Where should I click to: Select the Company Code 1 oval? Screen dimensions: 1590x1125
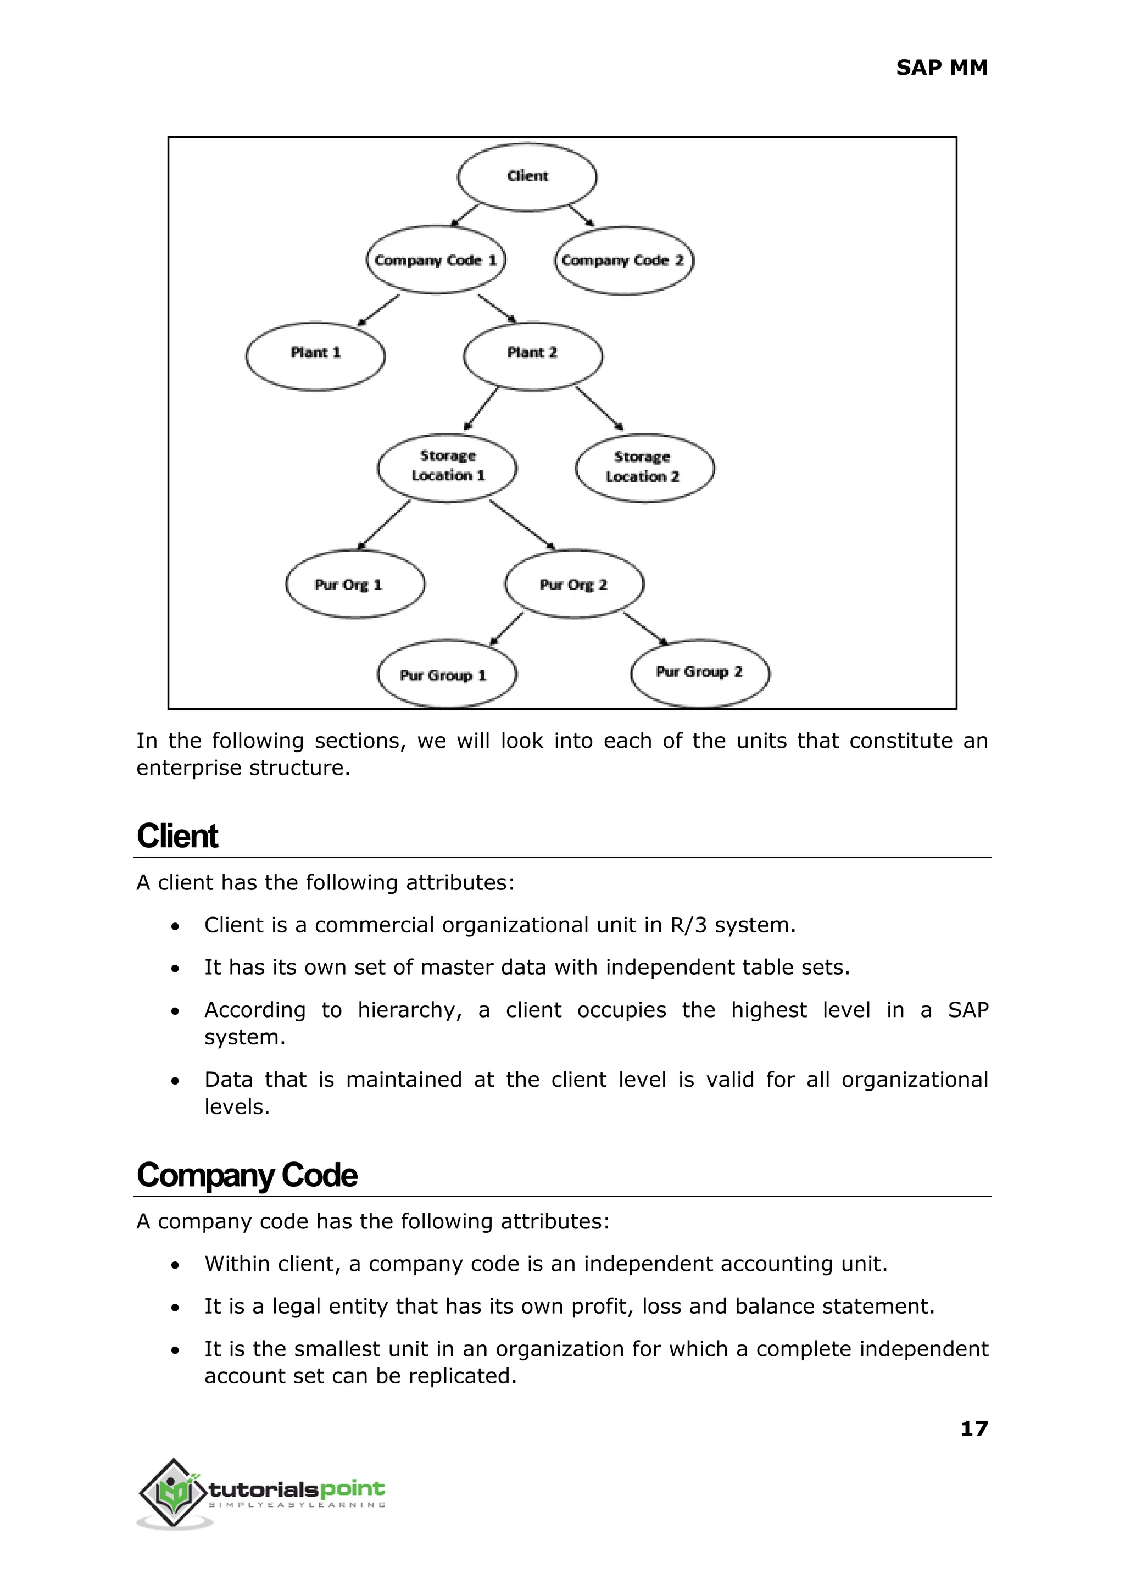[436, 260]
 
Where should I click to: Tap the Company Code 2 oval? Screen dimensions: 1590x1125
[623, 260]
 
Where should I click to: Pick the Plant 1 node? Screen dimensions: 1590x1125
[315, 356]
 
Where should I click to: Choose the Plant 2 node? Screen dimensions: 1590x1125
[533, 355]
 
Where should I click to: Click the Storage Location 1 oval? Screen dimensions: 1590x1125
[447, 467]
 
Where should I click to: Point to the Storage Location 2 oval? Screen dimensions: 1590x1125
[644, 468]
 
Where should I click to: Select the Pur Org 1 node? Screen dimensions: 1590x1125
[355, 584]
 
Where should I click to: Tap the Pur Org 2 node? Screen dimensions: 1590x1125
[573, 584]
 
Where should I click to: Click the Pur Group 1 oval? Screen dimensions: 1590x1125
[446, 674]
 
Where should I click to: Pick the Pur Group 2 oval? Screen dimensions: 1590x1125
[700, 672]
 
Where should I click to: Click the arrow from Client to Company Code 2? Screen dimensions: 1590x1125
[581, 215]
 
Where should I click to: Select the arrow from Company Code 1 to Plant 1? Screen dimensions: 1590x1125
[378, 310]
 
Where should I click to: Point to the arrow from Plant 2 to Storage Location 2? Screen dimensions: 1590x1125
[599, 408]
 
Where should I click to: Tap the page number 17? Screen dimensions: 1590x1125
[973, 1428]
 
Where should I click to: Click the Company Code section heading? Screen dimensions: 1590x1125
[247, 1175]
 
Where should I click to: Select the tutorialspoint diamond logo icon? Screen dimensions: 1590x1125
[174, 1492]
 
